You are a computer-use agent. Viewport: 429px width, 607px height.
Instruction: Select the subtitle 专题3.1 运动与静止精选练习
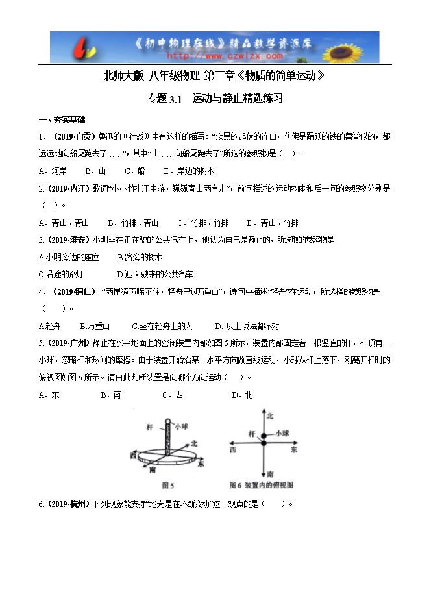[215, 99]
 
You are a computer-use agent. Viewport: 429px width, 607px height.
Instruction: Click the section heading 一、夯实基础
[62, 120]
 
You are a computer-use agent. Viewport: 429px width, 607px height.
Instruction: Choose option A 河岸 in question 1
[53, 171]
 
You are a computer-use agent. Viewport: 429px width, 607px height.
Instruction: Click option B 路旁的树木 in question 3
[140, 257]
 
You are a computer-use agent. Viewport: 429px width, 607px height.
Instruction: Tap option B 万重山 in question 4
[95, 325]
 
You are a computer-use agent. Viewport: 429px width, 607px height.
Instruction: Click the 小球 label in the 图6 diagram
[282, 433]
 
